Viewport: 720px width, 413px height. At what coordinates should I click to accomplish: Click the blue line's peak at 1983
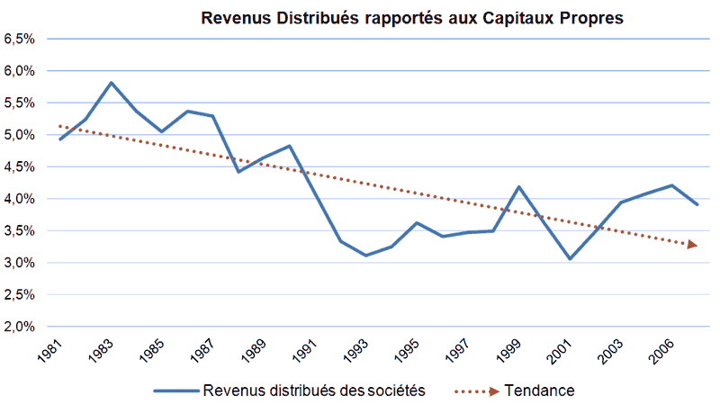pos(111,83)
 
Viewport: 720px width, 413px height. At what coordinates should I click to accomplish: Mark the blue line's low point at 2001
pos(570,259)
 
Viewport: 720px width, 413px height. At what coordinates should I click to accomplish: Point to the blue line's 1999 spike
pos(518,187)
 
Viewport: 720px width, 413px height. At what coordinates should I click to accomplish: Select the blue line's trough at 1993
pos(365,256)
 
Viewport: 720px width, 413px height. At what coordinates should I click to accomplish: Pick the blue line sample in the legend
pos(175,391)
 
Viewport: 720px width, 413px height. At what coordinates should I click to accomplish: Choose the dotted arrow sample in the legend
pos(472,391)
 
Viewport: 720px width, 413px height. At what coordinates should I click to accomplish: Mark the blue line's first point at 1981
pos(59,139)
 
